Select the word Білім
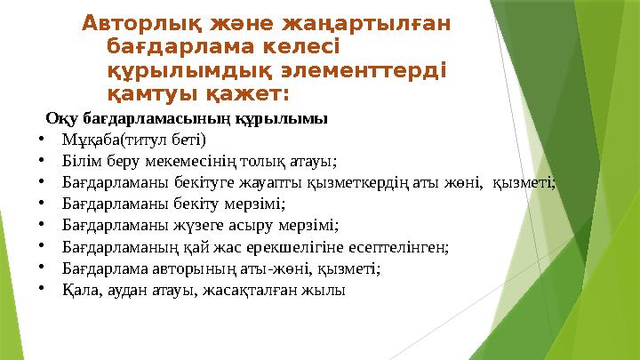coord(79,161)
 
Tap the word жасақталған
coord(260,290)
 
